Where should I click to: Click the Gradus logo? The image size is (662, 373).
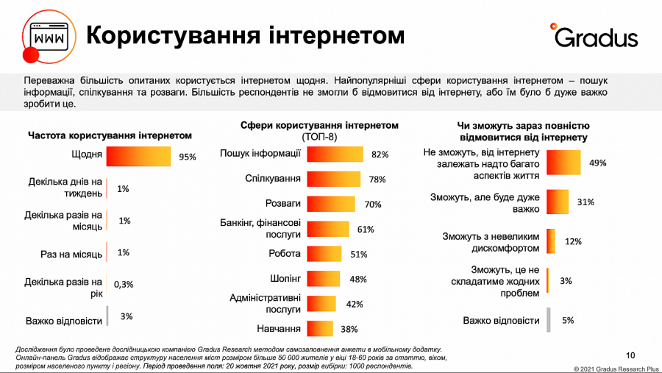(x=594, y=35)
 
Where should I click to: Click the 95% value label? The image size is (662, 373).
(x=188, y=157)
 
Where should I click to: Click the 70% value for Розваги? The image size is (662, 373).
(x=373, y=205)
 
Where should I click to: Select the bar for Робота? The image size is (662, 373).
(x=325, y=255)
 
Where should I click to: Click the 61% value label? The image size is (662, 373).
(x=366, y=230)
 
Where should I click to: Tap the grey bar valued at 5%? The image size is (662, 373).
(x=548, y=320)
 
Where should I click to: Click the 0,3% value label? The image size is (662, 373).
(x=123, y=284)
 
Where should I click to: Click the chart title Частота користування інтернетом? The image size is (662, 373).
(x=110, y=136)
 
